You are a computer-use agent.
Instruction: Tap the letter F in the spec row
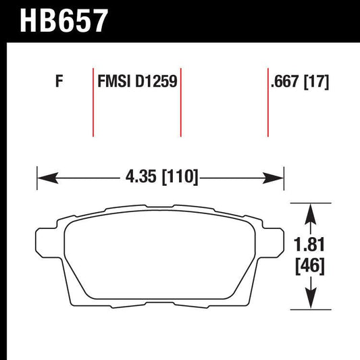[x=59, y=83]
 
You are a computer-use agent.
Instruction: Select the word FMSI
[x=113, y=83]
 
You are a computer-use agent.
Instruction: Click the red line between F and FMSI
[x=93, y=101]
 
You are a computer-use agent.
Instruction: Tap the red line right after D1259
[x=180, y=101]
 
